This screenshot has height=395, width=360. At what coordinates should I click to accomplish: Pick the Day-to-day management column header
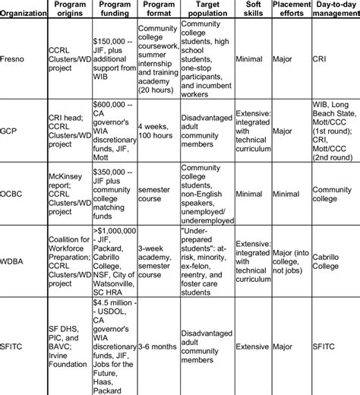click(334, 11)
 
